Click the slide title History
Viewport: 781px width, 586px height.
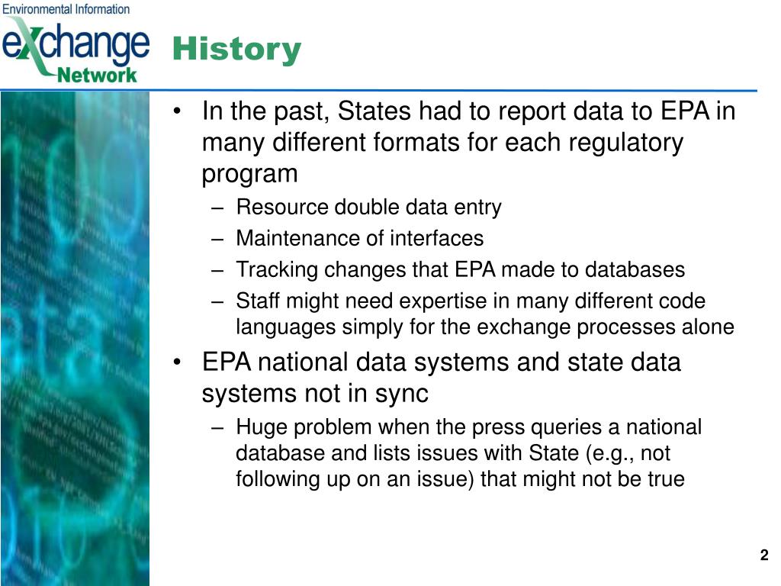click(236, 50)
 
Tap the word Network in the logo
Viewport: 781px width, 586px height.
click(97, 76)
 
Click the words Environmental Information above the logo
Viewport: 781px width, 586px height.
click(66, 9)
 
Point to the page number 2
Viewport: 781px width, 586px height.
click(764, 555)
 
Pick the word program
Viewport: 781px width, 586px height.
click(249, 175)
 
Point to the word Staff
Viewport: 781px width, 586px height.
click(257, 301)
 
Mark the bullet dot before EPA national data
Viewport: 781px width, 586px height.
click(177, 362)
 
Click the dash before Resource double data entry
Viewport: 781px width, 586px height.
click(217, 208)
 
